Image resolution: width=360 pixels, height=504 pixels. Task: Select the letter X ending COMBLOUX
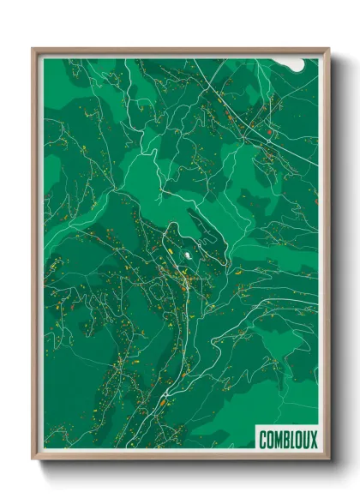point(313,440)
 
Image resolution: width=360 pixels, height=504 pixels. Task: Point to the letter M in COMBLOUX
point(278,440)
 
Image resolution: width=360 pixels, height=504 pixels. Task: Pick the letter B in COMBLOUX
point(285,440)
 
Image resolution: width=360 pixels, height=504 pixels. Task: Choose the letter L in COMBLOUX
point(291,440)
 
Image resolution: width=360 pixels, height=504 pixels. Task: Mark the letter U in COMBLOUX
point(306,440)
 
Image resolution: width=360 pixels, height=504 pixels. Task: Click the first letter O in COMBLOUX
point(270,440)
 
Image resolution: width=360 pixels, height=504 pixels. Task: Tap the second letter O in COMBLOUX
point(298,440)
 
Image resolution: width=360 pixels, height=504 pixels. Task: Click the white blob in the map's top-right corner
point(295,64)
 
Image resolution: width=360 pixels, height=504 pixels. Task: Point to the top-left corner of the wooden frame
point(33,49)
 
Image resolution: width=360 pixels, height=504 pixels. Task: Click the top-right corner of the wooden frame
point(328,49)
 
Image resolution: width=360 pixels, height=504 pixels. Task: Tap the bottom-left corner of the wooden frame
point(33,460)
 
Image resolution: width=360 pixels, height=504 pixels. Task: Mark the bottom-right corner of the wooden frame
point(328,460)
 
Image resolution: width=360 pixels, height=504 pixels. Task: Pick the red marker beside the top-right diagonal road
point(268,133)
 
